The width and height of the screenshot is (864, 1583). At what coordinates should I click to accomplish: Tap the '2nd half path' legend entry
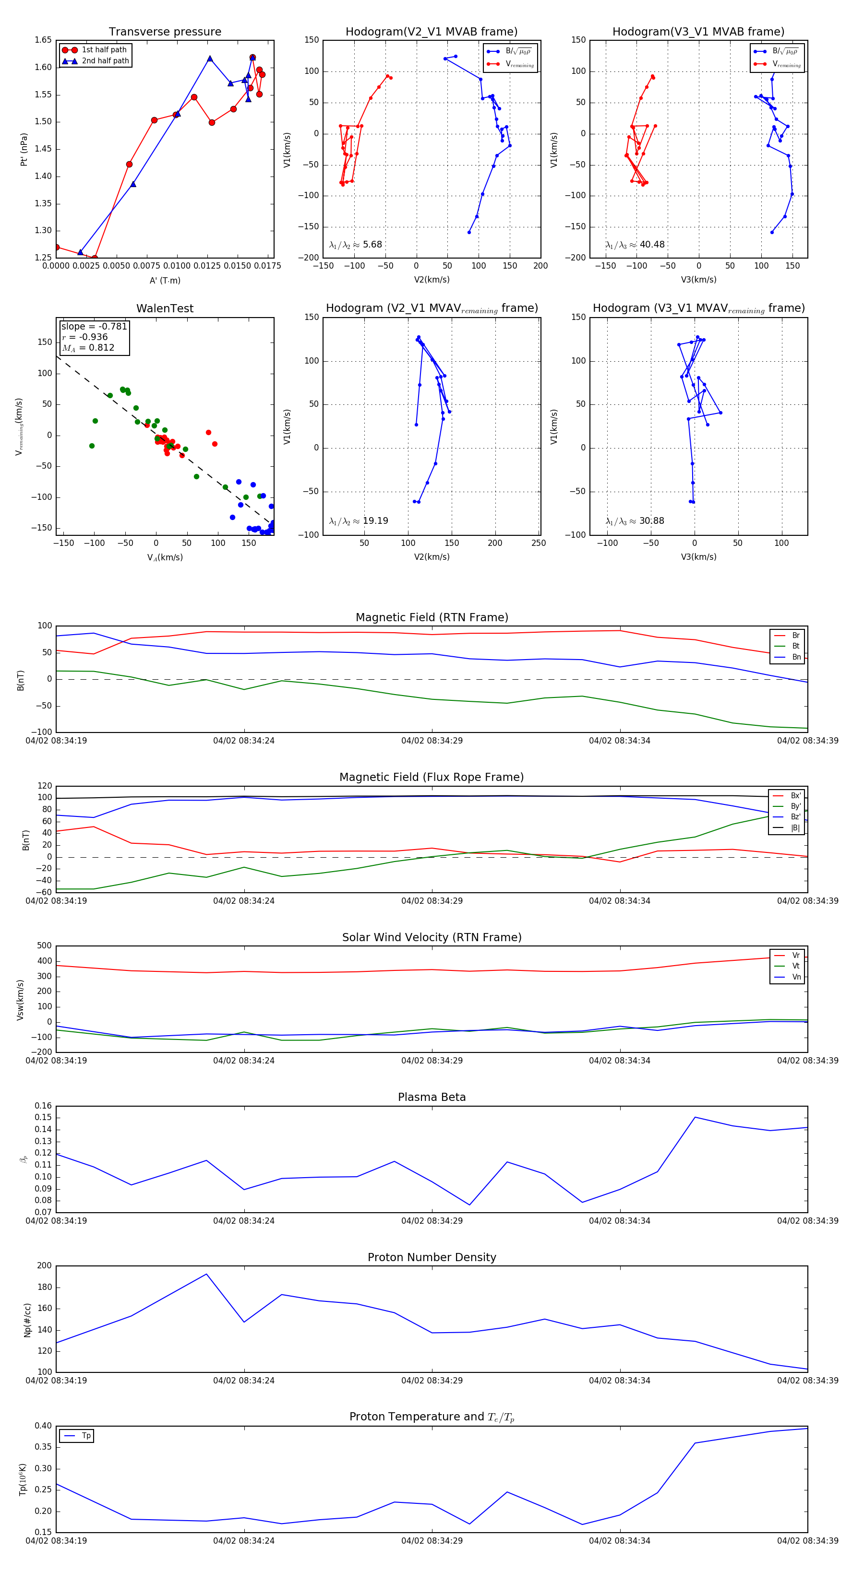click(x=105, y=61)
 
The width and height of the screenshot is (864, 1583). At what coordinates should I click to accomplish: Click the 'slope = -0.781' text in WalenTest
click(x=94, y=326)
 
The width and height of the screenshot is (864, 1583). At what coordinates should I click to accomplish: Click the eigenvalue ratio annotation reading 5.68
click(x=355, y=245)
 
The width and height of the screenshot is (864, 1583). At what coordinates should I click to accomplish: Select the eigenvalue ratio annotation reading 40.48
click(x=635, y=245)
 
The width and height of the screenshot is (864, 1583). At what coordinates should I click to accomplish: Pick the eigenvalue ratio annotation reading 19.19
click(x=359, y=521)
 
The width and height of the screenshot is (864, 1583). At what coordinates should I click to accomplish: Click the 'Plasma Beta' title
click(x=432, y=1097)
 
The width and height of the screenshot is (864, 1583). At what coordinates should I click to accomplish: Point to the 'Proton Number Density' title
click(x=432, y=1257)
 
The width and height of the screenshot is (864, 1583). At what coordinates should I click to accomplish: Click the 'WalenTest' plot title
click(x=165, y=308)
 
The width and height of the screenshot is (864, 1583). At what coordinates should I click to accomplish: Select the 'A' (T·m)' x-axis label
click(x=165, y=281)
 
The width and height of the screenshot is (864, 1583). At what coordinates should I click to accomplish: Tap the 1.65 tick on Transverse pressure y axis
click(x=43, y=40)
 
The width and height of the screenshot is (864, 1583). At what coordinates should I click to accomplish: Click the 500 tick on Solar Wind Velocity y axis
click(x=44, y=946)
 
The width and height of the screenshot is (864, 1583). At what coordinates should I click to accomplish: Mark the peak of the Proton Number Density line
click(x=206, y=1274)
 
